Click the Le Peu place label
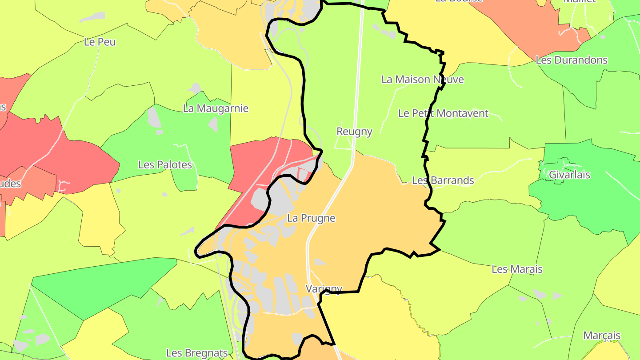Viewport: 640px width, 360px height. tap(100, 42)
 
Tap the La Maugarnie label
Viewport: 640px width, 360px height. tap(216, 108)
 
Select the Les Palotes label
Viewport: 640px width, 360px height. tap(165, 165)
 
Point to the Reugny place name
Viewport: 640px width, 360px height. tap(354, 132)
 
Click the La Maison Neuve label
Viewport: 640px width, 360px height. tap(423, 80)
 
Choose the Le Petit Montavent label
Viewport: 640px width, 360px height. tap(443, 113)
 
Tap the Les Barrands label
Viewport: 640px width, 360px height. tap(443, 180)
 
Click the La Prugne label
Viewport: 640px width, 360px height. tap(311, 218)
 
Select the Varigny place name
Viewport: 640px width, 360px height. tap(324, 289)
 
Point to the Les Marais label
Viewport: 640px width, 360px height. tap(517, 269)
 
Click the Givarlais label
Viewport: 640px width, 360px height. tap(569, 175)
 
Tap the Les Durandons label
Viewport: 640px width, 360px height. tap(572, 60)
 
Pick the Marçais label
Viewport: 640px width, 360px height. tap(602, 336)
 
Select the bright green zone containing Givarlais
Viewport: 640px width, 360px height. tap(578, 196)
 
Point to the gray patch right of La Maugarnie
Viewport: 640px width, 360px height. tap(213, 124)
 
